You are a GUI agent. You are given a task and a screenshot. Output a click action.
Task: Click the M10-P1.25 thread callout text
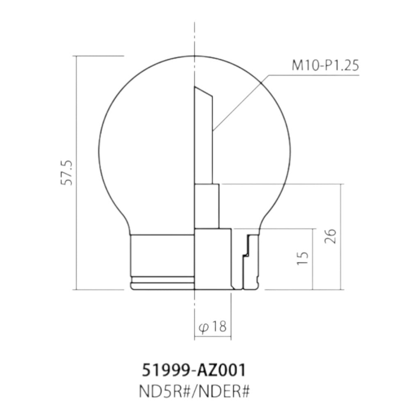(x=325, y=65)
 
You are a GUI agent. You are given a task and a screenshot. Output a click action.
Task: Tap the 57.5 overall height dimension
(x=67, y=173)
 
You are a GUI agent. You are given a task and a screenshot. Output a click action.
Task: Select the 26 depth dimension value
(x=330, y=236)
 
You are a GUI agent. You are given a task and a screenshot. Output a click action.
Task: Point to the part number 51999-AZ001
(x=194, y=370)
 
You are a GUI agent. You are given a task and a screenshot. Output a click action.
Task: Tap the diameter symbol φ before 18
(x=203, y=328)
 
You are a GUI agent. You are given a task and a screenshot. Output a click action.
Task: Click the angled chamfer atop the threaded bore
(x=203, y=91)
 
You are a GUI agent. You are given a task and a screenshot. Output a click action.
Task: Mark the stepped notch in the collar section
(x=247, y=247)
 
